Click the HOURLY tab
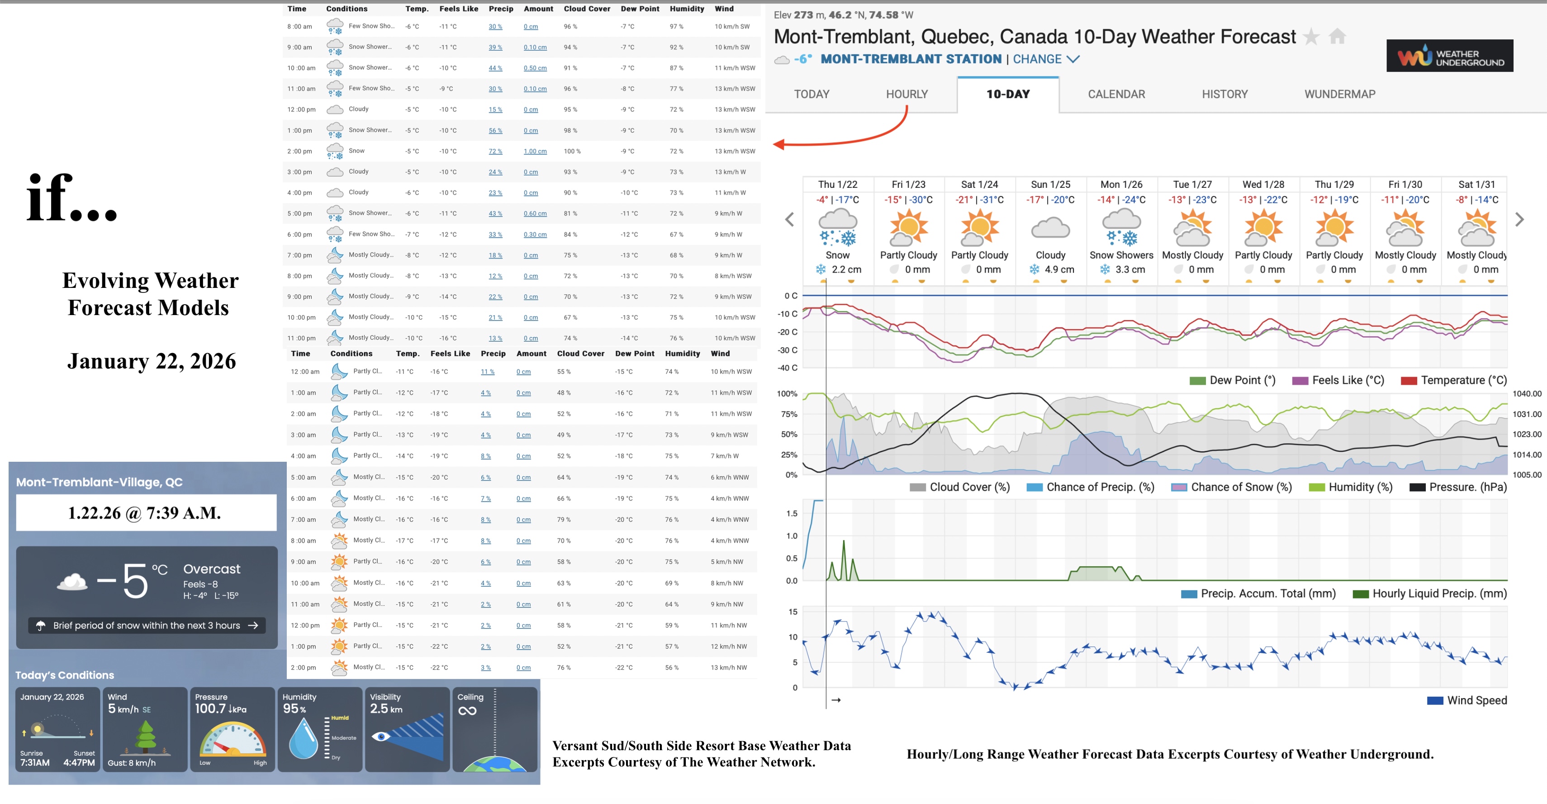coord(907,94)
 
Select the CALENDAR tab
coord(1116,94)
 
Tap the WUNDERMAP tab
coord(1339,94)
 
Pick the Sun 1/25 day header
coord(1050,184)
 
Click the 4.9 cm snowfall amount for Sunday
coord(1059,270)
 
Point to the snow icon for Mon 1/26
coord(1121,228)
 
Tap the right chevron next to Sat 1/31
coord(1519,220)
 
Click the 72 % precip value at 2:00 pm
coord(495,151)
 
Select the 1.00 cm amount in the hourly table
coord(535,151)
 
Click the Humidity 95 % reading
coord(294,708)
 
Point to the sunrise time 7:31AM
coord(35,762)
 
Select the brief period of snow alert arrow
coord(253,626)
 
